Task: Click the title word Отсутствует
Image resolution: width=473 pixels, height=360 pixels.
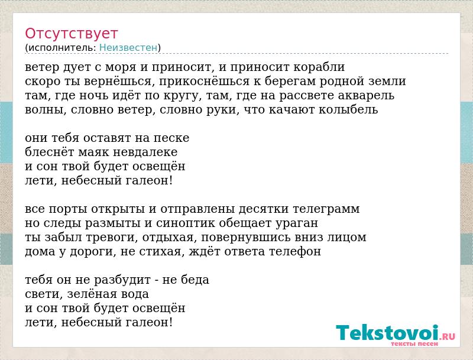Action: (x=71, y=34)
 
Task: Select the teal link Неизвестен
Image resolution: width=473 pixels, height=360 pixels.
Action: (x=128, y=48)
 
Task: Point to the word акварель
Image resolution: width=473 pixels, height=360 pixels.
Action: (x=366, y=96)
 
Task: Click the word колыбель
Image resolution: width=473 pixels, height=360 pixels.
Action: (x=348, y=110)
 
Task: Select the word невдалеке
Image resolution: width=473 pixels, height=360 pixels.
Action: (x=145, y=153)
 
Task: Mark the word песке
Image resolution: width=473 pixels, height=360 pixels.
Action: (x=171, y=138)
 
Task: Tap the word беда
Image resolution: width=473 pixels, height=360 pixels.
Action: (x=195, y=280)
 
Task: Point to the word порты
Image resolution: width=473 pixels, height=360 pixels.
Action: (x=68, y=209)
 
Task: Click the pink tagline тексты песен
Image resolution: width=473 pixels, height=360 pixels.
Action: (x=414, y=343)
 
